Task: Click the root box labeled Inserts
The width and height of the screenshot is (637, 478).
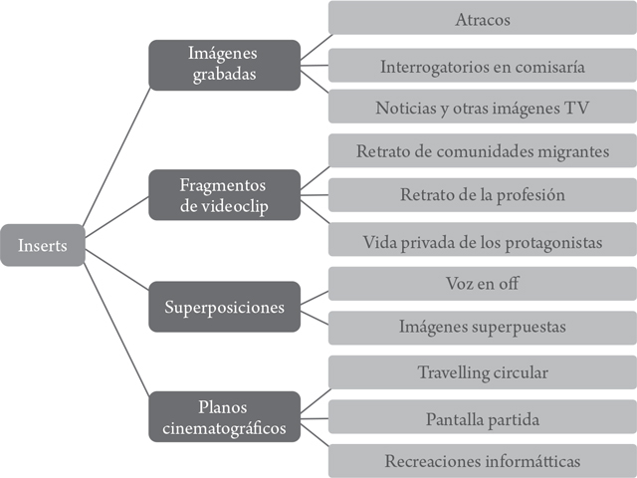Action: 42,246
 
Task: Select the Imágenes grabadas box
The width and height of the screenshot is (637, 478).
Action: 224,65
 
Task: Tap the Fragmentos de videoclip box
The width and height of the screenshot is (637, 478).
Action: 224,194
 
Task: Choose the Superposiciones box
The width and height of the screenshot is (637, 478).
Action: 224,307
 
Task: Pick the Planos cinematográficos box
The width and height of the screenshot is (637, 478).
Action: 224,416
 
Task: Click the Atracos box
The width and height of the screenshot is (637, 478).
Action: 482,19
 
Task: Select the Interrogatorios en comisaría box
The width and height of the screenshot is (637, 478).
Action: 482,68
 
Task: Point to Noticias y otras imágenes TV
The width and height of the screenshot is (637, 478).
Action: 482,108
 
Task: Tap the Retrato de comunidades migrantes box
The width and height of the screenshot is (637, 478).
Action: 482,152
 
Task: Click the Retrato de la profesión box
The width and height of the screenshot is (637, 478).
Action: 482,195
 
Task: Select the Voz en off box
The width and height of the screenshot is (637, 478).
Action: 482,284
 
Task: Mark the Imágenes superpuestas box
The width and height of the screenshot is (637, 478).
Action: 482,327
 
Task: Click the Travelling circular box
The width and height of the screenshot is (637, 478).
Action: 482,372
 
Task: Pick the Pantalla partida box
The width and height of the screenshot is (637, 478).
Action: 482,418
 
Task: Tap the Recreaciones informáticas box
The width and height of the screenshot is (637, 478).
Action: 482,461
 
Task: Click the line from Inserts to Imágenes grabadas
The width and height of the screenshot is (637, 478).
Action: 116,154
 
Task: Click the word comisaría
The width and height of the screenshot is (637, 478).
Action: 542,68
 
